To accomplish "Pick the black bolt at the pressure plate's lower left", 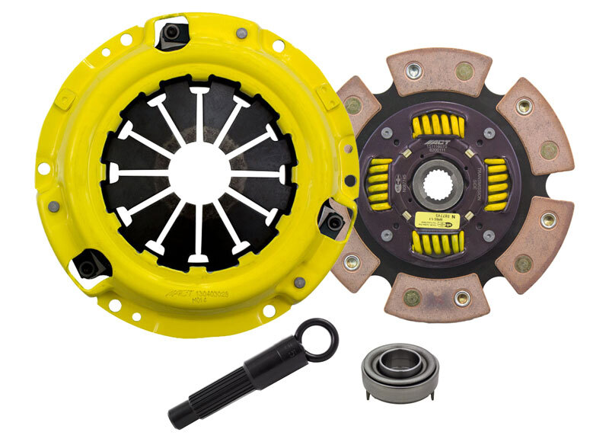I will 88,267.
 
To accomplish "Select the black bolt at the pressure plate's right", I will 332,221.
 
